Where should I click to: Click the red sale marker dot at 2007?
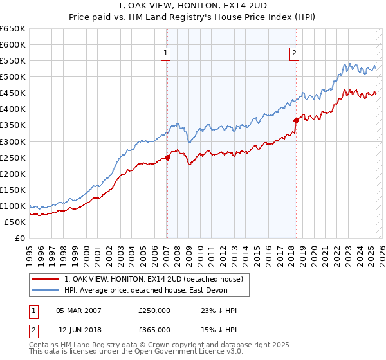(x=167, y=157)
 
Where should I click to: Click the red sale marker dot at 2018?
(x=296, y=120)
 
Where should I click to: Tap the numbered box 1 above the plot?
(x=166, y=53)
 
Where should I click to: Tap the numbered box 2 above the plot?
(x=294, y=53)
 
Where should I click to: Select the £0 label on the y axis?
(x=20, y=239)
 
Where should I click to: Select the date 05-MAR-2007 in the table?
(x=78, y=310)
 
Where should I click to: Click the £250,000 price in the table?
(x=154, y=310)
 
